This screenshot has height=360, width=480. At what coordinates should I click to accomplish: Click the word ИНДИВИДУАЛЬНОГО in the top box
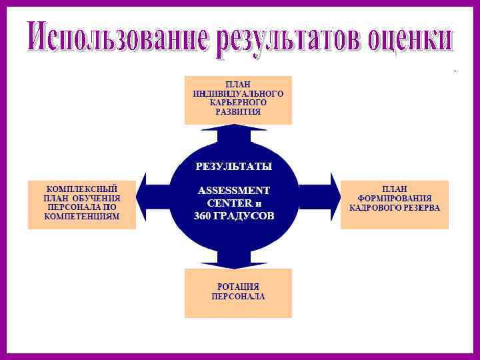click(x=238, y=94)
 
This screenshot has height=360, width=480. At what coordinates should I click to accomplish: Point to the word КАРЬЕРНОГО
click(x=238, y=103)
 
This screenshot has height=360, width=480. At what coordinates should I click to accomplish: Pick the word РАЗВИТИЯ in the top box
click(x=238, y=113)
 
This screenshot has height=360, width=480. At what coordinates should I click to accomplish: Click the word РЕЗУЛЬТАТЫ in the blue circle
click(x=233, y=164)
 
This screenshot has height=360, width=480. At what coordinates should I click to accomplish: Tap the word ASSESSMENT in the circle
click(x=234, y=190)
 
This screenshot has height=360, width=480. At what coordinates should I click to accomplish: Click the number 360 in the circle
click(x=203, y=217)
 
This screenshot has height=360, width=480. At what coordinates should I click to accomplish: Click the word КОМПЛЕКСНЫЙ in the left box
click(x=82, y=189)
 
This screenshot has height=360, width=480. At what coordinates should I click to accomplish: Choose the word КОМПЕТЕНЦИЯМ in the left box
click(x=82, y=217)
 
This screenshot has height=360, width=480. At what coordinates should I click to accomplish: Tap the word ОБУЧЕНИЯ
click(x=97, y=198)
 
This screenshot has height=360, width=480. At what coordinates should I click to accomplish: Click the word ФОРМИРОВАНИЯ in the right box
click(x=395, y=198)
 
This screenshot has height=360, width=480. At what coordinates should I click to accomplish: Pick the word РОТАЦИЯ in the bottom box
click(x=238, y=287)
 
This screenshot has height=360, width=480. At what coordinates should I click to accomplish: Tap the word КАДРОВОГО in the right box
click(x=373, y=207)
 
